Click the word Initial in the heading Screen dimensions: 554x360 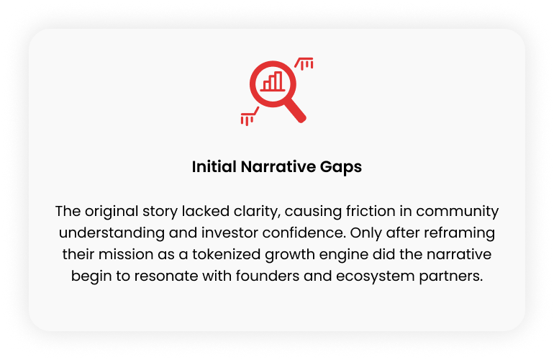214,166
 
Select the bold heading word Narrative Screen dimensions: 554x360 278,166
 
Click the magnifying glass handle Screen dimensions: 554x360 295,112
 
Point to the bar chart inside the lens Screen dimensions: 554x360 273,81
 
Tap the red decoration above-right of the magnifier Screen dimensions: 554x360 304,63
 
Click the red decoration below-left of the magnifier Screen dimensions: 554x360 250,117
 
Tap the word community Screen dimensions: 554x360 457,212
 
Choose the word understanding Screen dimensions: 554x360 112,233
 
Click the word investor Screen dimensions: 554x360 230,233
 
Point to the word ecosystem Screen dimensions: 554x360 376,276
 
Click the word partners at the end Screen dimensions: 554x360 451,276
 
